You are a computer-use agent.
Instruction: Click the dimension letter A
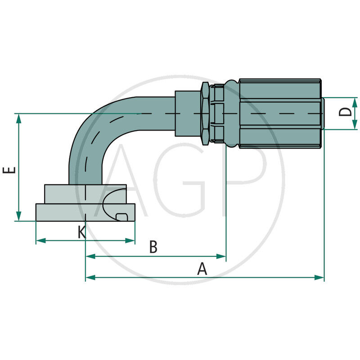(202, 269)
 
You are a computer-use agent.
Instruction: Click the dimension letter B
(153, 247)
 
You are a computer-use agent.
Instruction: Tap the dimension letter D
(345, 112)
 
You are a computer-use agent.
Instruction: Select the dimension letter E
(9, 170)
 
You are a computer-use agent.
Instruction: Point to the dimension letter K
(82, 232)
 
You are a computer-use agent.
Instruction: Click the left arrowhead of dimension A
(90, 277)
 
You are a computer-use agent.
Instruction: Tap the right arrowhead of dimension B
(221, 256)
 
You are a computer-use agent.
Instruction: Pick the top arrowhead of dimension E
(18, 118)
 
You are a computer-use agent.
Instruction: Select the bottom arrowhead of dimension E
(18, 216)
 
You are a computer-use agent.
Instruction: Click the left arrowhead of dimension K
(41, 241)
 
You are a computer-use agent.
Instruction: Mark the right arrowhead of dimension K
(130, 241)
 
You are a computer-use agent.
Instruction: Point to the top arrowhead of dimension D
(355, 103)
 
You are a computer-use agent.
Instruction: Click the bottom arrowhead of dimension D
(355, 125)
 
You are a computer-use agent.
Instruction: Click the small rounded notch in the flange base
(121, 217)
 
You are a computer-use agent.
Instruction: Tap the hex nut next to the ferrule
(205, 113)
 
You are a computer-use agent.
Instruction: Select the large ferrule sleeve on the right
(280, 113)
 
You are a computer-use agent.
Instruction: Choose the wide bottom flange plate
(85, 212)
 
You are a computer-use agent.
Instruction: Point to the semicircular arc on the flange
(114, 204)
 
